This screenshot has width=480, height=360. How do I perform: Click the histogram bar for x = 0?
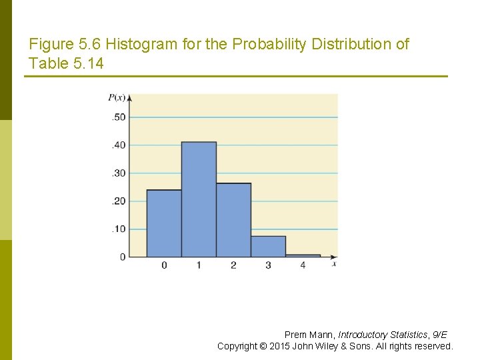[x=164, y=223]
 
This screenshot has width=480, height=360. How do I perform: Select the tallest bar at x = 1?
[x=199, y=199]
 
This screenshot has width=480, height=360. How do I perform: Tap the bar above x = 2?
[x=233, y=220]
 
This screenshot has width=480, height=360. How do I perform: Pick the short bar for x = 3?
[x=268, y=247]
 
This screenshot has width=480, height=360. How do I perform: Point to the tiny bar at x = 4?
[x=303, y=255]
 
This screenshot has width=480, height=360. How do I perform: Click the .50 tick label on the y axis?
[x=118, y=117]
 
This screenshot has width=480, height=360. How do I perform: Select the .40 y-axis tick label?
[x=118, y=145]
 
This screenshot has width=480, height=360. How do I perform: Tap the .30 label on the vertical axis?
[x=118, y=173]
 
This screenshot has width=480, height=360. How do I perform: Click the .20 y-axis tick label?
[x=118, y=201]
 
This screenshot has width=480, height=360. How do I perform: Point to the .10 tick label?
[x=118, y=229]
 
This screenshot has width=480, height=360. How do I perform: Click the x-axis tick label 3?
[x=268, y=266]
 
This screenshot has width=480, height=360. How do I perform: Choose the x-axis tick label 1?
[x=199, y=266]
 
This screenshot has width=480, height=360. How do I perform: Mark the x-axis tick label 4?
[x=303, y=266]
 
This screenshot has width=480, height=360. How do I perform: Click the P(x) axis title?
[x=117, y=98]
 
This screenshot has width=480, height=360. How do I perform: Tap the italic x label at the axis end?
[x=333, y=265]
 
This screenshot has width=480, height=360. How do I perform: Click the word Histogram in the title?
[x=136, y=45]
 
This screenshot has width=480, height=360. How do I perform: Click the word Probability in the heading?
[x=272, y=45]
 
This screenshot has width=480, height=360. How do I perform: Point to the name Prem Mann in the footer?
[x=309, y=335]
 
